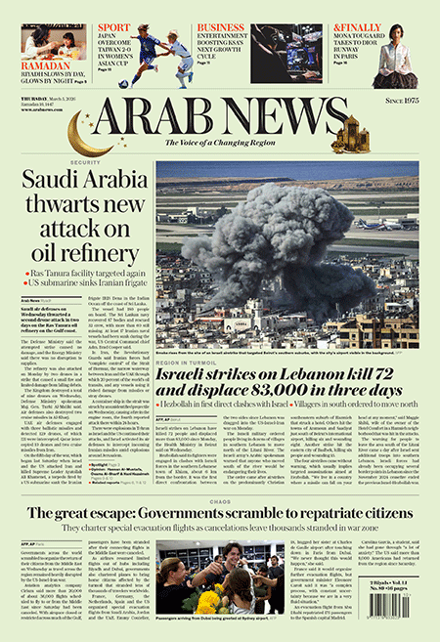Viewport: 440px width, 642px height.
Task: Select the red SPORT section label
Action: [113, 28]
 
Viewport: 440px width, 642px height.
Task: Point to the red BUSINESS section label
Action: [220, 28]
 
